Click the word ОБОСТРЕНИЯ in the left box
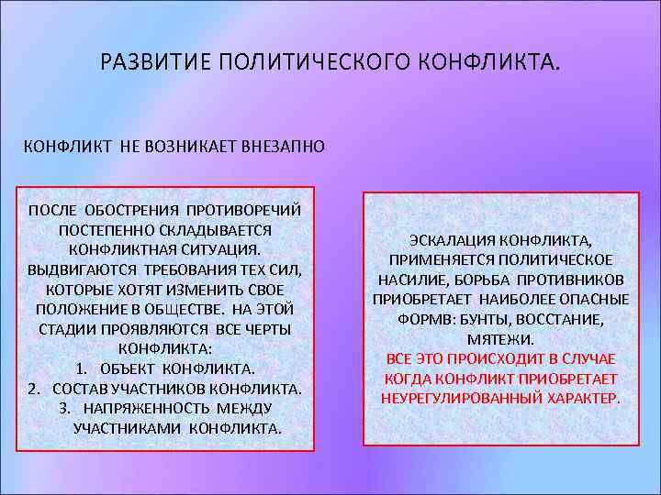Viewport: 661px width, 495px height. pos(131,209)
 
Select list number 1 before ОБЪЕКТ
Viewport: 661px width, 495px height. pos(81,368)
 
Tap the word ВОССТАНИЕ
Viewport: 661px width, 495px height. pos(564,319)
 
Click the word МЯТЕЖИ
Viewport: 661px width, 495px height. pos(500,339)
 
